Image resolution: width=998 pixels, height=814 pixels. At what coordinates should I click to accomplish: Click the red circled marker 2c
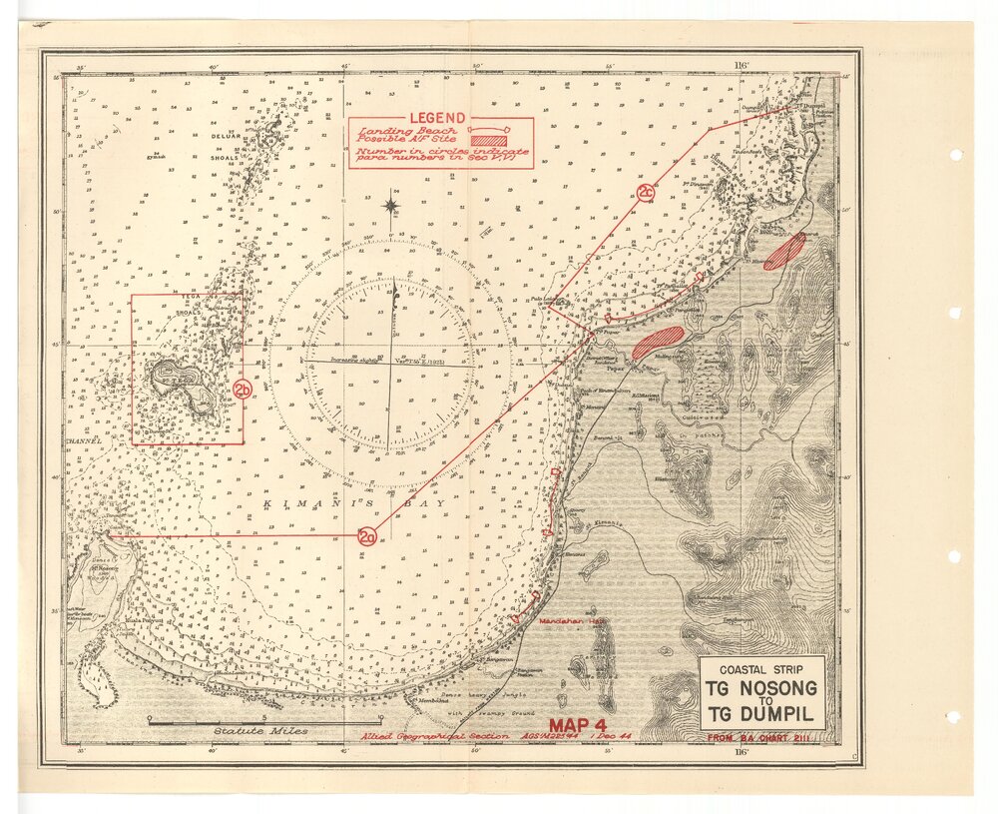pyautogui.click(x=646, y=192)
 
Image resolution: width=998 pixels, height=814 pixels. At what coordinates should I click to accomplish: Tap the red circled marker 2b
pyautogui.click(x=243, y=389)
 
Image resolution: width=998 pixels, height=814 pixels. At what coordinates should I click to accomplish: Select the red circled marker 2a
pyautogui.click(x=367, y=537)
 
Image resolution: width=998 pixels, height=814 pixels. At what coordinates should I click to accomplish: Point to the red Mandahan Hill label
pyautogui.click(x=573, y=620)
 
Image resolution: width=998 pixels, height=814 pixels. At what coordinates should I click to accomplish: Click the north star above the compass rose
pyautogui.click(x=392, y=207)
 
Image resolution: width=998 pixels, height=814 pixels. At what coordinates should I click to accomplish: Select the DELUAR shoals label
pyautogui.click(x=224, y=137)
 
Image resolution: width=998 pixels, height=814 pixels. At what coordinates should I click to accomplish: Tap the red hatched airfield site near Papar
pyautogui.click(x=658, y=342)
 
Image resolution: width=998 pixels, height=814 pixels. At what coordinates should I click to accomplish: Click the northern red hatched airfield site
pyautogui.click(x=783, y=252)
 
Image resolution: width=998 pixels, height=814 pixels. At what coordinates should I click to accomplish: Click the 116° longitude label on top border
pyautogui.click(x=740, y=64)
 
